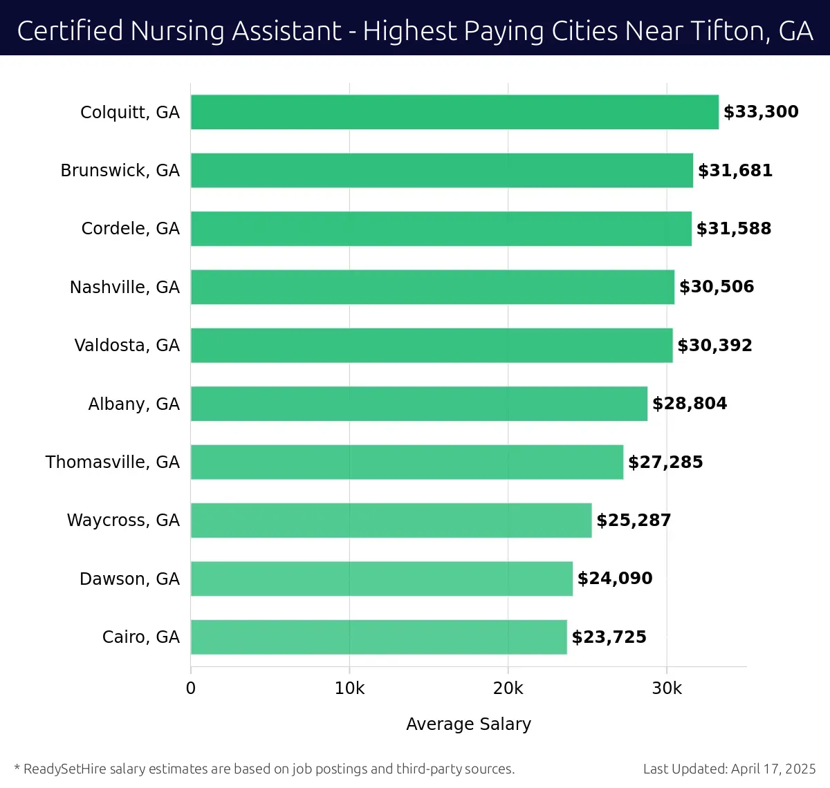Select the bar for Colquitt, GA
[x=454, y=112]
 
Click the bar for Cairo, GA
[x=378, y=637]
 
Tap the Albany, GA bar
[x=419, y=404]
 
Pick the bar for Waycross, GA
[x=391, y=520]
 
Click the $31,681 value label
[x=735, y=171]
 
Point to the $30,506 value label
[x=717, y=287]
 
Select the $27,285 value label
[x=665, y=462]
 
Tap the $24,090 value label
[x=615, y=579]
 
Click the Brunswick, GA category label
[x=120, y=171]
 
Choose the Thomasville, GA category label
[x=112, y=462]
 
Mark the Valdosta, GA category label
[x=127, y=346]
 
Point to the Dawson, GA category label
[x=129, y=579]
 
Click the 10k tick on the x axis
[x=349, y=688]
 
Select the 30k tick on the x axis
[x=667, y=688]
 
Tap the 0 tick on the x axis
[x=191, y=688]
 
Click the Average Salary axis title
[x=468, y=724]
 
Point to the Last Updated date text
[x=729, y=769]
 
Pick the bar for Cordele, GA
[x=441, y=229]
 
